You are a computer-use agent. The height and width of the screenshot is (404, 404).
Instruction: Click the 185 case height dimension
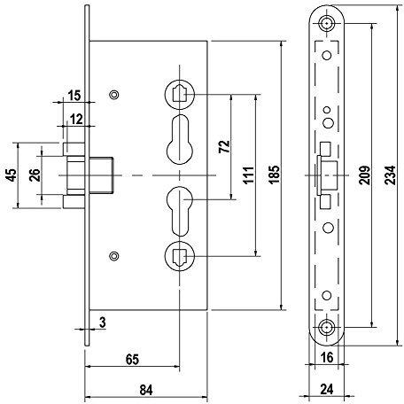tap(274, 175)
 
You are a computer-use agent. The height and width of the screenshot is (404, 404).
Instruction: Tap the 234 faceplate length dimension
tap(391, 175)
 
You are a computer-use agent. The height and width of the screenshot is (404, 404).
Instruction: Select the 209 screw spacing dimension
tap(365, 175)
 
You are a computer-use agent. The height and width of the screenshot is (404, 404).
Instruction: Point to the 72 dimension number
tap(224, 146)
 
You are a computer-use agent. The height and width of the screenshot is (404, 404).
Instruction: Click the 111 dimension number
tap(249, 175)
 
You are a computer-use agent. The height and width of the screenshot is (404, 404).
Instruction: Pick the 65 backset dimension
tap(132, 360)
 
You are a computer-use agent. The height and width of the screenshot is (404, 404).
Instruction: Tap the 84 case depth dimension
tap(146, 390)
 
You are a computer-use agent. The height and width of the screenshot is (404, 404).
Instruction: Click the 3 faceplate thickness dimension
tap(102, 322)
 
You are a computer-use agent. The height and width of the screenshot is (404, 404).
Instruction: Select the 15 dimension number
tap(74, 96)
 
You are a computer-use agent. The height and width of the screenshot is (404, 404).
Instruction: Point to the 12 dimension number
tap(76, 120)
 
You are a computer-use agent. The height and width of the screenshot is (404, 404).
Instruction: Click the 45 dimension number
tap(12, 175)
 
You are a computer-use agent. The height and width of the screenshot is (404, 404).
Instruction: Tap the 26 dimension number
tap(35, 175)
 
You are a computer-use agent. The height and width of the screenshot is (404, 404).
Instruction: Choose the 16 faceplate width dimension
tap(327, 358)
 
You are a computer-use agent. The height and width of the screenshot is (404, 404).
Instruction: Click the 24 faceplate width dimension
tap(327, 389)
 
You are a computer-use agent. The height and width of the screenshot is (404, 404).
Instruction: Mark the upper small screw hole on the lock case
tap(114, 95)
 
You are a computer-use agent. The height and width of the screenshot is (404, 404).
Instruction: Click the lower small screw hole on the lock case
tap(114, 256)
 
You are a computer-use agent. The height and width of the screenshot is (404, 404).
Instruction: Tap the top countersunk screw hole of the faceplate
tap(327, 23)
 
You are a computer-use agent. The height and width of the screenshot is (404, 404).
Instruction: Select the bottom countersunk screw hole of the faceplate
tap(327, 328)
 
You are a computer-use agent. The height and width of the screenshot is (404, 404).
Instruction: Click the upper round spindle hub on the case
tap(180, 94)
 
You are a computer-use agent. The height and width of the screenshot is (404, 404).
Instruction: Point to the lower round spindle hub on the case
tap(180, 256)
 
